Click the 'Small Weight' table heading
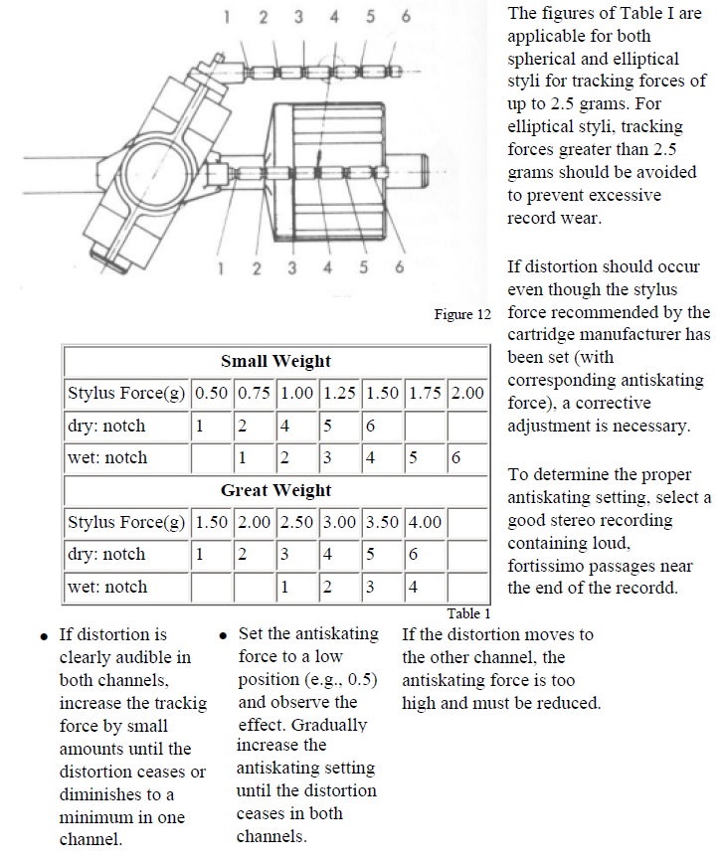tap(275, 361)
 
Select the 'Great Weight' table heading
tap(275, 490)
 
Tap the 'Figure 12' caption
tap(462, 314)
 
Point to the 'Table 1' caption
tap(468, 613)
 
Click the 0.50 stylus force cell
tap(211, 393)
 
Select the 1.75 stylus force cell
tap(424, 393)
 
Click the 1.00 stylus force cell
tap(296, 393)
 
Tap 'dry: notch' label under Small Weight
tap(106, 426)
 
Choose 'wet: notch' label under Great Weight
tap(106, 587)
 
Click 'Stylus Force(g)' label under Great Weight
tap(126, 522)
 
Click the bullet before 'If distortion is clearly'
tap(44, 636)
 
